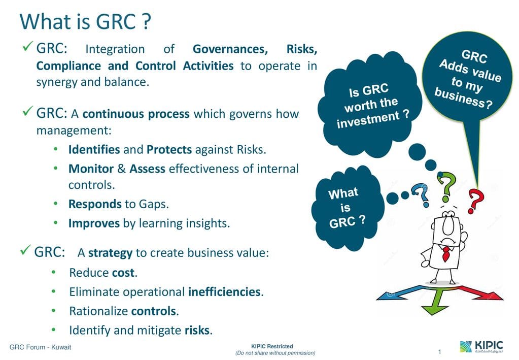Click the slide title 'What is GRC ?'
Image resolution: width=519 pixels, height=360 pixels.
85,21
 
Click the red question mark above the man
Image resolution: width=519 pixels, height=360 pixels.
476,201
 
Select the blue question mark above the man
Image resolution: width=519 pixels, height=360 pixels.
421,195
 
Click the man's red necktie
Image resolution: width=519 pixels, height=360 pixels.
446,254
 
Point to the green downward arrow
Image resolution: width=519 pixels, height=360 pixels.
435,302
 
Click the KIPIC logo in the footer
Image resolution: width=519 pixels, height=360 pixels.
481,346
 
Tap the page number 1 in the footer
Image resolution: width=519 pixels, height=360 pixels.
439,351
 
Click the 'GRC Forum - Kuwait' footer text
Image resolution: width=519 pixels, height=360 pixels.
41,347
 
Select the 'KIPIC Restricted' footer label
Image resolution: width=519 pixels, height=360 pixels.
272,346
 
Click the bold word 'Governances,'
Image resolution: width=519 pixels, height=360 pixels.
230,49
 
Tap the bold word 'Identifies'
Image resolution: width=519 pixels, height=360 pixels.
94,150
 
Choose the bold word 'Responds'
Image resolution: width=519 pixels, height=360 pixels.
95,204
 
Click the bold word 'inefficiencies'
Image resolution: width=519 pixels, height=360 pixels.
224,292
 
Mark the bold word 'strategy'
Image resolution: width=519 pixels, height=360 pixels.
110,253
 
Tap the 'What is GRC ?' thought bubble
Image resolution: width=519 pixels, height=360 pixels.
347,208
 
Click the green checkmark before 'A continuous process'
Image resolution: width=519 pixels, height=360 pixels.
28,111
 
